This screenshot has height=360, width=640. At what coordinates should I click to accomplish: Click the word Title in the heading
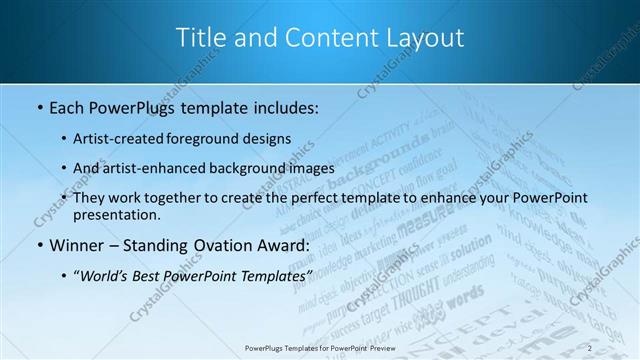[x=200, y=38]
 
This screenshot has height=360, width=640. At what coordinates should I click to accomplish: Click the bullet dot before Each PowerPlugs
[x=39, y=105]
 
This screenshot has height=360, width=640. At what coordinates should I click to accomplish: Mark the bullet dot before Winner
[x=39, y=245]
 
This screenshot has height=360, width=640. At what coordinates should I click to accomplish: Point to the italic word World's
[x=112, y=275]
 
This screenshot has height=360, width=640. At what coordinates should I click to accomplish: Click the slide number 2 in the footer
[x=590, y=347]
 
